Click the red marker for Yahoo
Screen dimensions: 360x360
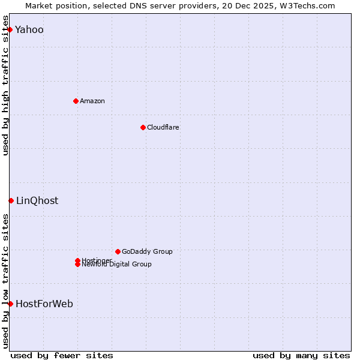(x=10, y=29)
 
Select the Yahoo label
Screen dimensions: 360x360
(x=29, y=30)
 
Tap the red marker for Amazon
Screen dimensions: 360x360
(x=76, y=101)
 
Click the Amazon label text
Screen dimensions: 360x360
(x=92, y=101)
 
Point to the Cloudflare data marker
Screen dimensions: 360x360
(x=143, y=127)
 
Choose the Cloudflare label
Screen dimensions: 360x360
(x=163, y=127)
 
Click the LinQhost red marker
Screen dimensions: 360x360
(x=11, y=200)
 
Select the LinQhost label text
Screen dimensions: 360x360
(x=37, y=201)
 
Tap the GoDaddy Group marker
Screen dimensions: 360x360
(x=118, y=251)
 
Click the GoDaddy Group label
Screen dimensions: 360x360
(x=146, y=251)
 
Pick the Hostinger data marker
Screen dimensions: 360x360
(x=77, y=260)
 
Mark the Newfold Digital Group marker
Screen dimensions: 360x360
(x=77, y=265)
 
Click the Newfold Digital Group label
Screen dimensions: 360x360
(x=116, y=265)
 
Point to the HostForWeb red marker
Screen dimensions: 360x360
(x=10, y=304)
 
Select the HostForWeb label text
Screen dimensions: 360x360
(x=44, y=304)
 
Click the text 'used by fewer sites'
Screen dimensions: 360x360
(x=62, y=355)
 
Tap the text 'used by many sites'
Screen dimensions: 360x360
(x=301, y=355)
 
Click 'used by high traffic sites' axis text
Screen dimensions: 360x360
(x=6, y=85)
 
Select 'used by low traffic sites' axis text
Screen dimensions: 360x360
(x=6, y=280)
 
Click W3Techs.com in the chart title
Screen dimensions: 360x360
(x=305, y=5)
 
